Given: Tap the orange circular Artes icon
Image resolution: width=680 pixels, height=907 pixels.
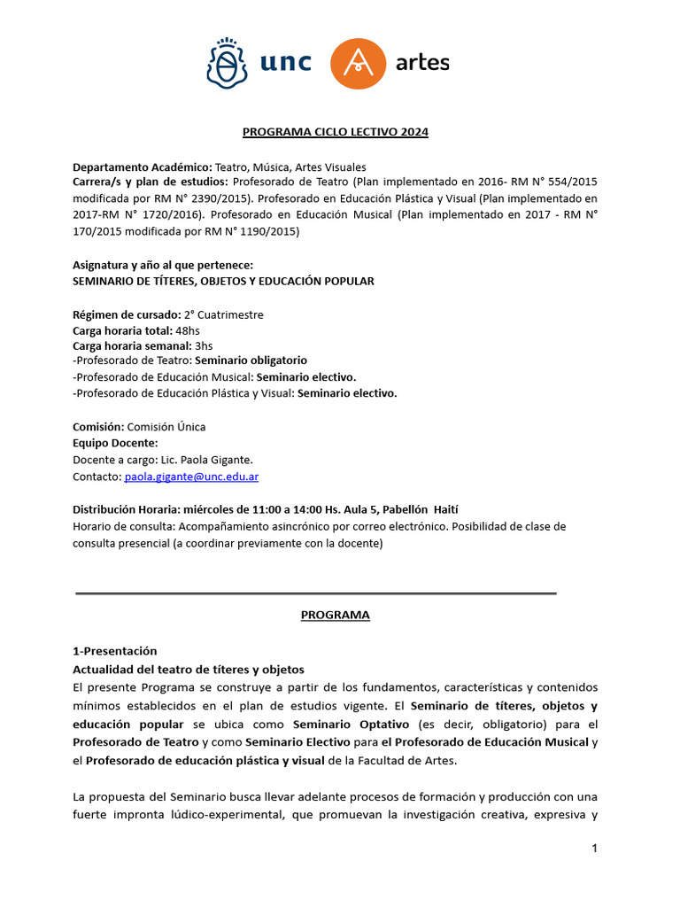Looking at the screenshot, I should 359,64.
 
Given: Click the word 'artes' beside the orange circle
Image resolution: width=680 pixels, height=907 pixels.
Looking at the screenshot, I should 422,63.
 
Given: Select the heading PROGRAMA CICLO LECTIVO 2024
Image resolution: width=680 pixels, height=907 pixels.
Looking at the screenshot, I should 336,132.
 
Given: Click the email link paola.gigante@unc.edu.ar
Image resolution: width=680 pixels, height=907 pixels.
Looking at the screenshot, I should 191,477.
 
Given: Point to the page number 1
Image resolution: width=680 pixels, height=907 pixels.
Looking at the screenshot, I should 595,849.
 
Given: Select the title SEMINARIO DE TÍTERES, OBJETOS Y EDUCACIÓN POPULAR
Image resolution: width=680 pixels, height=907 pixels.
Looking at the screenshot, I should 223,281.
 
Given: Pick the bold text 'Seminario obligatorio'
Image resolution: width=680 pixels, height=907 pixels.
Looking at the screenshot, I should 251,360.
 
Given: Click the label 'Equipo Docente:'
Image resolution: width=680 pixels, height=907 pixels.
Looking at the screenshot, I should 115,443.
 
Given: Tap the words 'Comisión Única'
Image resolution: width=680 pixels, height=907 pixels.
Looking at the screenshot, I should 166,427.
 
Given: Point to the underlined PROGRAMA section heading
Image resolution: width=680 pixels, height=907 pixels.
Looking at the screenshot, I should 335,615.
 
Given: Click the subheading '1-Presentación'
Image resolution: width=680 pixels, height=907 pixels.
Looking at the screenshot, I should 114,650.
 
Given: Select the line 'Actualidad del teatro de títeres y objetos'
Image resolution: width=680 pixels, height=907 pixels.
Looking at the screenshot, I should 188,669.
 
